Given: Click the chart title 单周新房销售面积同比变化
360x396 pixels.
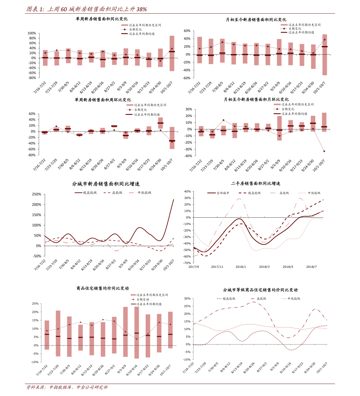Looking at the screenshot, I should pyautogui.click(x=102, y=19).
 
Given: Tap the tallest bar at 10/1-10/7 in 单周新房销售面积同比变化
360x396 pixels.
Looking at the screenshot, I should pyautogui.click(x=172, y=53).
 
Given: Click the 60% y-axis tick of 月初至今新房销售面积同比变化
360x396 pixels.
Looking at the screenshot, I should pyautogui.click(x=187, y=31).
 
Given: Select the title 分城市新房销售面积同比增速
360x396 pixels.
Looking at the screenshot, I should pyautogui.click(x=106, y=184).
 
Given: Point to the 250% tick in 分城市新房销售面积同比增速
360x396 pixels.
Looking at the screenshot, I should pyautogui.click(x=37, y=194).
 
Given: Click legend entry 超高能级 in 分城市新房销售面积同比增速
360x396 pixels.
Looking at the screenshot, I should pyautogui.click(x=90, y=193).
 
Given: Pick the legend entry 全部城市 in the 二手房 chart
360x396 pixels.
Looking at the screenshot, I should pyautogui.click(x=223, y=193).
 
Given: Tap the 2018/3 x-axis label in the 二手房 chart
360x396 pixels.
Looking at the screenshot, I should pyautogui.click(x=264, y=267).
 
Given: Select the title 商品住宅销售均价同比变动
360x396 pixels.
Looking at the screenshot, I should pyautogui.click(x=102, y=288).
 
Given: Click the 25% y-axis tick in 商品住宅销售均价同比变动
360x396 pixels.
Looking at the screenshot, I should pyautogui.click(x=35, y=304).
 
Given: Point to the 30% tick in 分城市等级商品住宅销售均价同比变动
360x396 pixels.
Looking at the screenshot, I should pyautogui.click(x=187, y=299).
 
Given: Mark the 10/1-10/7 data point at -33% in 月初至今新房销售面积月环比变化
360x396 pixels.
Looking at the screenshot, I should pyautogui.click(x=324, y=151).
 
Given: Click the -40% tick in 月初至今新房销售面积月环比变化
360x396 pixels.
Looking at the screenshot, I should pyautogui.click(x=188, y=156).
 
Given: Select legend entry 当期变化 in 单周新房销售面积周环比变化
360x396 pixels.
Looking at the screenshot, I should pyautogui.click(x=140, y=110).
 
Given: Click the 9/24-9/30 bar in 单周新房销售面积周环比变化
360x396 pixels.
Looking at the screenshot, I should pyautogui.click(x=160, y=123).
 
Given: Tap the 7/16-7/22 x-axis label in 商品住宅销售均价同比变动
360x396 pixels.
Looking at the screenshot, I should pyautogui.click(x=42, y=370).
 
